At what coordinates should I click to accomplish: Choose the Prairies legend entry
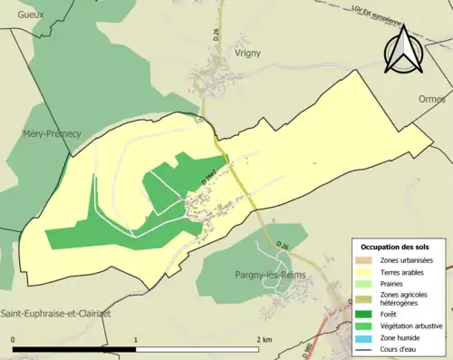point(392,283)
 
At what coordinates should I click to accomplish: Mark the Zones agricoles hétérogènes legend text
point(405,298)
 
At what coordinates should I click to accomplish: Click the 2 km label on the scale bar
point(265,339)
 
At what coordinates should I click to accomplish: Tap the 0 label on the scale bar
point(14,339)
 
